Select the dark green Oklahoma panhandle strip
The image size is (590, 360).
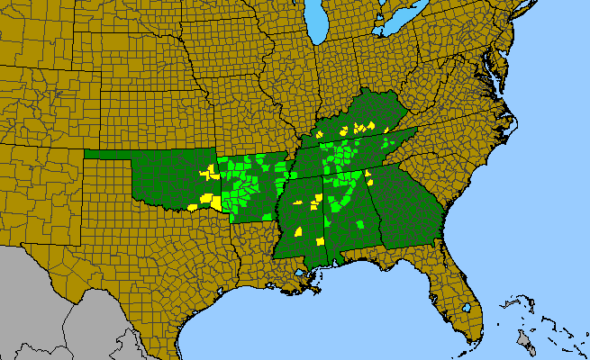(108, 154)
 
